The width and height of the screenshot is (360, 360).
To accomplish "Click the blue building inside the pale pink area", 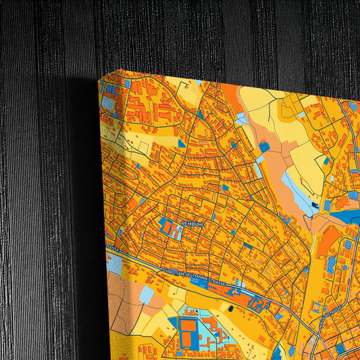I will pos(264,146).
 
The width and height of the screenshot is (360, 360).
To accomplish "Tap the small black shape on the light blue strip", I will pos(315,204).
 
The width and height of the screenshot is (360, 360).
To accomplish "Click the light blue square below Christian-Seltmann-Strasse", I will pos(147,294).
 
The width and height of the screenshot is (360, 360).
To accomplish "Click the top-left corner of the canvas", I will pos(99,80).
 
